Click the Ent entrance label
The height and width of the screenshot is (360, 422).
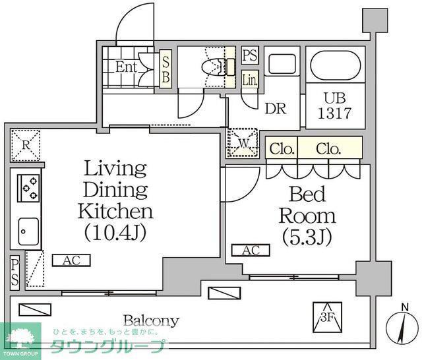click(x=126, y=67)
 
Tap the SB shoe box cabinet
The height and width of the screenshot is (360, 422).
click(x=166, y=69)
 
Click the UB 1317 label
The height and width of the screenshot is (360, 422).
click(x=335, y=105)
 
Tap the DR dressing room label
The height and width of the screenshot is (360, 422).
click(x=276, y=108)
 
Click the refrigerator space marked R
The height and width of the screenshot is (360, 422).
click(x=26, y=145)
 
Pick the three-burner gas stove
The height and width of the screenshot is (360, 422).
click(x=28, y=188)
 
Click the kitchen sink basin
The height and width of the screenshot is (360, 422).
click(x=28, y=231)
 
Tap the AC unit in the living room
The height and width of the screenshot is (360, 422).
click(x=71, y=260)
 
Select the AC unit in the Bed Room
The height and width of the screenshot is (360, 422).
click(x=251, y=251)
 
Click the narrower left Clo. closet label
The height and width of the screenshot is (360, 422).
click(x=282, y=148)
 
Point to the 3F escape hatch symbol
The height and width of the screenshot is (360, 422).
click(x=328, y=317)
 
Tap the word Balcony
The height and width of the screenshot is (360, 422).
click(x=151, y=320)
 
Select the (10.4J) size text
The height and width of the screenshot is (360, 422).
click(x=115, y=232)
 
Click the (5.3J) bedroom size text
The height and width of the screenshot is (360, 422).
click(x=307, y=237)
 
